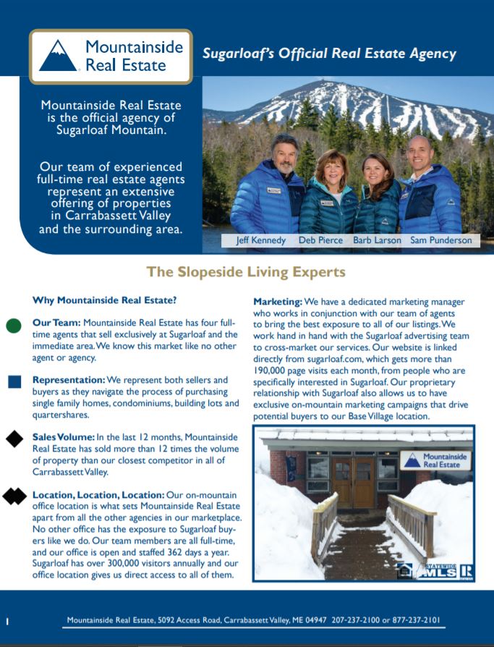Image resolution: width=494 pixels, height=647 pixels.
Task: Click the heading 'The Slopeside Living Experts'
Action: (x=246, y=272)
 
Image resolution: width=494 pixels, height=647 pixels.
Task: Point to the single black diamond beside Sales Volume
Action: (x=14, y=439)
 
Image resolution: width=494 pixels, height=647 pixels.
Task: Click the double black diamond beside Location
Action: (x=14, y=496)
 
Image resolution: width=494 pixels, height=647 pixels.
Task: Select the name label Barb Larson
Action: (x=377, y=240)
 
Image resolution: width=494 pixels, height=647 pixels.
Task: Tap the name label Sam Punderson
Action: (x=441, y=240)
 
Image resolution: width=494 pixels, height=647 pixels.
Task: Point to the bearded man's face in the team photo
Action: (x=284, y=153)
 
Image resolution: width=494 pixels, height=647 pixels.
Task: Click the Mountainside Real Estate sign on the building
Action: (x=435, y=460)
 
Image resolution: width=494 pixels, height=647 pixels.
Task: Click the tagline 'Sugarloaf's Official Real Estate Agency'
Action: (x=329, y=54)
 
